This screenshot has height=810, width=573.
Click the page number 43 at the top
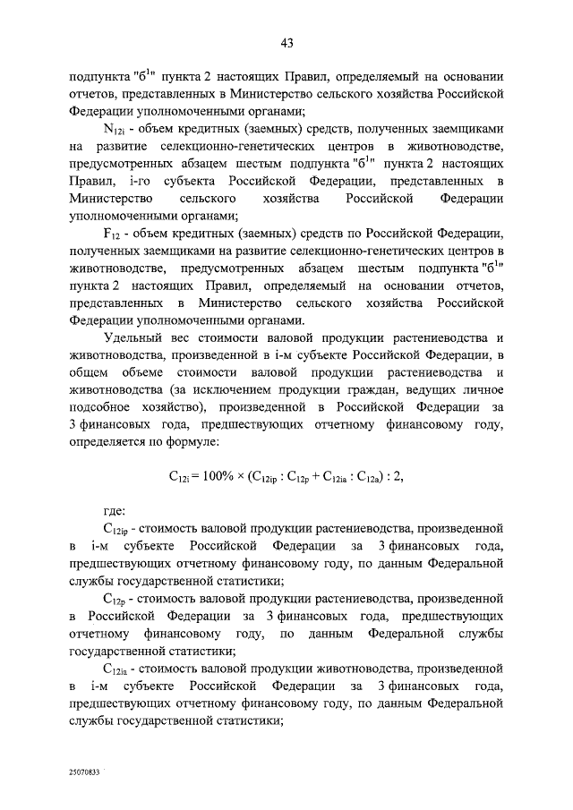[x=286, y=43]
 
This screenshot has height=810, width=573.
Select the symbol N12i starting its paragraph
[x=115, y=130]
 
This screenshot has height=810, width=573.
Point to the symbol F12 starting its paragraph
[x=113, y=231]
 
